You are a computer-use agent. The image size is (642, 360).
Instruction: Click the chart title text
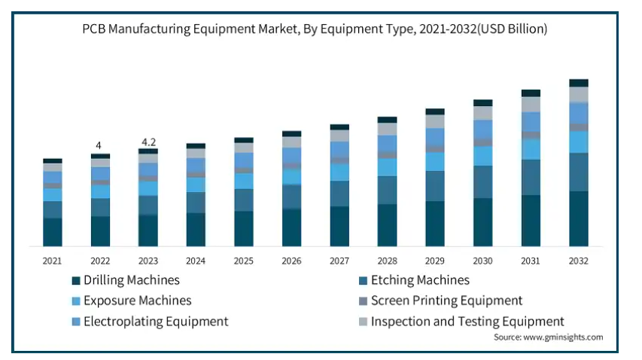(315, 29)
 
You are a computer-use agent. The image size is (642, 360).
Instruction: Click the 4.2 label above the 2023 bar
(148, 142)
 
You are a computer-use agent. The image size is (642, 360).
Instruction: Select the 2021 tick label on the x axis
(52, 261)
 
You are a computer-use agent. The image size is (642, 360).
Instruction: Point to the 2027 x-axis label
(339, 261)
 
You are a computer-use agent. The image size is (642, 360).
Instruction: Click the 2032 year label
(579, 261)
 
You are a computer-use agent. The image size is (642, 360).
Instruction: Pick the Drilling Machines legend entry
(131, 280)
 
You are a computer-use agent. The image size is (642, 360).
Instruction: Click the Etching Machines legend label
(420, 280)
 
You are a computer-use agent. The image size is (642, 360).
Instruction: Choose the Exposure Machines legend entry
(137, 301)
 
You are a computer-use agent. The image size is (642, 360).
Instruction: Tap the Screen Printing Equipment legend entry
(446, 301)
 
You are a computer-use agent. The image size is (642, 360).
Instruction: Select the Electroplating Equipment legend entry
(155, 322)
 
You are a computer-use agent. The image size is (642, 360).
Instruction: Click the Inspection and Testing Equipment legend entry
(467, 322)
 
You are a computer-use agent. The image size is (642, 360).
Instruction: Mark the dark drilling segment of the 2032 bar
(579, 218)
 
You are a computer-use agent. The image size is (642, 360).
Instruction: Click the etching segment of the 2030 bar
(483, 182)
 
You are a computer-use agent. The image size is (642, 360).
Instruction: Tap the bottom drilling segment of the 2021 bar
(52, 232)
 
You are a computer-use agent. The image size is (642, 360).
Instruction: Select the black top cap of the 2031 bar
(531, 93)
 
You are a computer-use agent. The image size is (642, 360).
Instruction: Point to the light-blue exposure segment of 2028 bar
(388, 167)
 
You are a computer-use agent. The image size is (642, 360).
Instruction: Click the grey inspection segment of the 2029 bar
(435, 121)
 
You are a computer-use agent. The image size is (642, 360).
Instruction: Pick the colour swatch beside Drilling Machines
(75, 281)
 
